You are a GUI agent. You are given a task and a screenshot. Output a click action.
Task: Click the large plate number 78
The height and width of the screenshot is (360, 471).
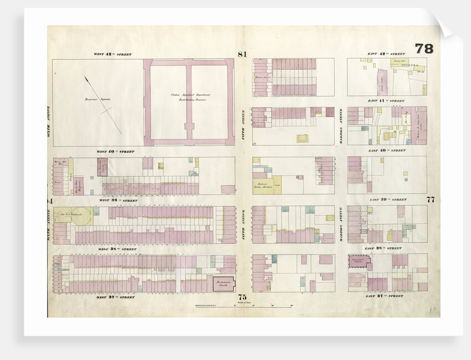[x=424, y=49]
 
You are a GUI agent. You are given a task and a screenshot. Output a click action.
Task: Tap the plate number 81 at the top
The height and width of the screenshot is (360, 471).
[x=242, y=54]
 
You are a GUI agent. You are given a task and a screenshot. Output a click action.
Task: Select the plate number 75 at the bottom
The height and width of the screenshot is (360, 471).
[x=242, y=297]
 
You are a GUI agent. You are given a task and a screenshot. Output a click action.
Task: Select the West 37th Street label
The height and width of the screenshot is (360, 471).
[x=114, y=297]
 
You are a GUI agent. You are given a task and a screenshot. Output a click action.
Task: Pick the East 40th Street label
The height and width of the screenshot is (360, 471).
[x=386, y=151]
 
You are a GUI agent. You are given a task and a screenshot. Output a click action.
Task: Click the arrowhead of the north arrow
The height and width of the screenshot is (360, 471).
[x=86, y=79]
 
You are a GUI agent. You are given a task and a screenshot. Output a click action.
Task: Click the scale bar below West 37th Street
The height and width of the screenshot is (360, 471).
[x=242, y=306]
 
